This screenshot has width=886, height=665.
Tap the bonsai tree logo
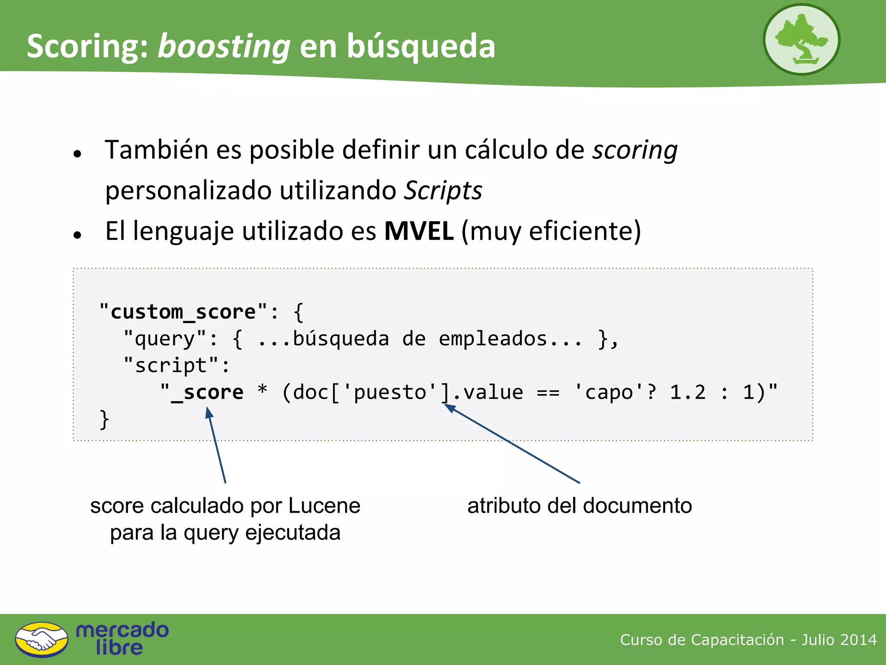801,40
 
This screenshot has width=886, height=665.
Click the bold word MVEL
419,231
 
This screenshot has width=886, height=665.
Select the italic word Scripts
443,190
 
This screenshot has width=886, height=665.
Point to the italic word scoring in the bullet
635,150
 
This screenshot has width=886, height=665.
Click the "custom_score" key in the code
183,312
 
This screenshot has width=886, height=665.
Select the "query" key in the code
165,339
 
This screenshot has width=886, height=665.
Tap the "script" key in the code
171,365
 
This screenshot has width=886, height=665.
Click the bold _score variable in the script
207,392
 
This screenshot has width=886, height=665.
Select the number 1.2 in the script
688,392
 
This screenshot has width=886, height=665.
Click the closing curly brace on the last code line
104,419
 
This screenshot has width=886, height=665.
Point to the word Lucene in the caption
324,506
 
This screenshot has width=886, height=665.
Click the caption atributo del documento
579,506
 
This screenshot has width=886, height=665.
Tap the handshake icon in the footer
42,639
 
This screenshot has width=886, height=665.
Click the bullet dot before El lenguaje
77,235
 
